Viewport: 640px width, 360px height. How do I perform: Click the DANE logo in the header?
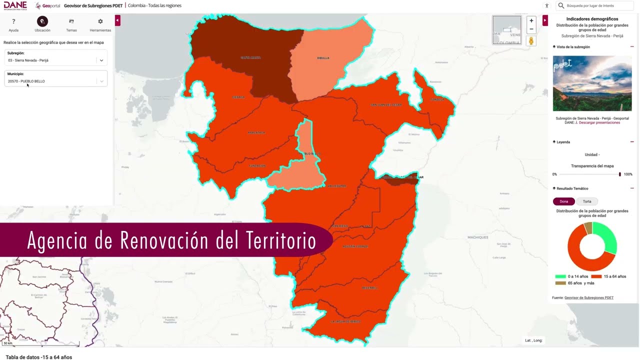[15, 5]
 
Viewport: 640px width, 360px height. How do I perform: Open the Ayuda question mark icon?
[13, 21]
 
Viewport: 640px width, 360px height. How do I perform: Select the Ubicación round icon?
[42, 21]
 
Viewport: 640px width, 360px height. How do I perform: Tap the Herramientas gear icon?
[100, 21]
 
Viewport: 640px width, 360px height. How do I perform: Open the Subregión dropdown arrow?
[101, 60]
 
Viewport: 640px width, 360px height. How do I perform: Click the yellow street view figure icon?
[531, 40]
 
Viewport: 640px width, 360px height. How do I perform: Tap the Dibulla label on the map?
[323, 58]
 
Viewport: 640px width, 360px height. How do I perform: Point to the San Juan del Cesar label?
[386, 105]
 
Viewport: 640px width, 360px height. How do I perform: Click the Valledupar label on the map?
[336, 186]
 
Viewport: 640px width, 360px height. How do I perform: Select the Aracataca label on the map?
[256, 132]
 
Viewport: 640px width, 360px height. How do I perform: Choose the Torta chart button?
[587, 201]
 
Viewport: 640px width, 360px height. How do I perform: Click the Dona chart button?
[564, 201]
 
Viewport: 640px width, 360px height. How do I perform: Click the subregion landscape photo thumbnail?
[592, 83]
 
